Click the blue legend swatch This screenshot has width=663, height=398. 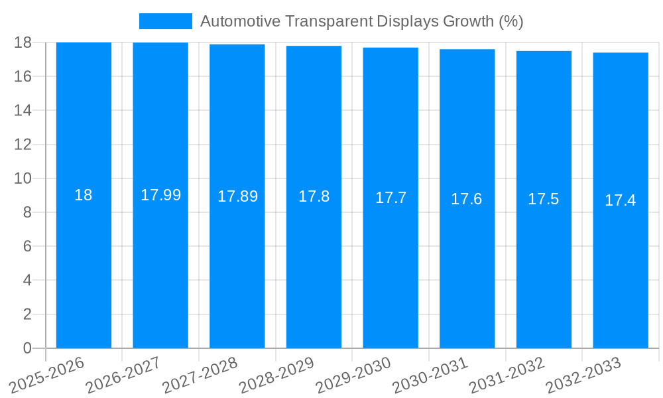tap(165, 21)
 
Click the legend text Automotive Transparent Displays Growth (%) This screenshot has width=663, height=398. tap(361, 21)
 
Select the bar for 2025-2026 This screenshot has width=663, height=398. tap(84, 265)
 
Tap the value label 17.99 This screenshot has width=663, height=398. tap(160, 195)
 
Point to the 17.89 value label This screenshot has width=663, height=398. tap(237, 196)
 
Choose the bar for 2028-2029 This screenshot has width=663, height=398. tap(314, 265)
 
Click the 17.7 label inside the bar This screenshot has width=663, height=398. tap(391, 198)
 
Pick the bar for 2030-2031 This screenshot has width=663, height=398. tap(467, 265)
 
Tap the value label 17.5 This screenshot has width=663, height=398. tap(544, 199)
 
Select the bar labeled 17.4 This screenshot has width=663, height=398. tap(621, 265)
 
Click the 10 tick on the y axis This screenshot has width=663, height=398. tap(23, 178)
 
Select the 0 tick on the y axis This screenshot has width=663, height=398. tap(27, 348)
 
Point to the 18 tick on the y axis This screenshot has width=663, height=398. tap(23, 42)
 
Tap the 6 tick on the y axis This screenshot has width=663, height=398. tap(27, 246)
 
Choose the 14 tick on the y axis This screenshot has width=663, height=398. tap(23, 110)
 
